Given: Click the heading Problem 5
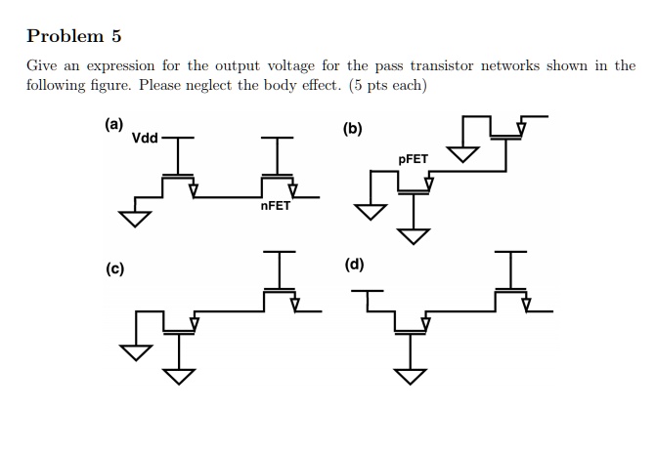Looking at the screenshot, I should (74, 36).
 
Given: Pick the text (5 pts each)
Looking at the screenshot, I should (388, 85).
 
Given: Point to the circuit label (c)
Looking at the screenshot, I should (114, 269).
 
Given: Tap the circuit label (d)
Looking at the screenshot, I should (354, 265).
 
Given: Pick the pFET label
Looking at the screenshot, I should (414, 158).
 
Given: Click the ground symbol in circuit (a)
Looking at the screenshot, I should (136, 217).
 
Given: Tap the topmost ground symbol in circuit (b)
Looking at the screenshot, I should (462, 153).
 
